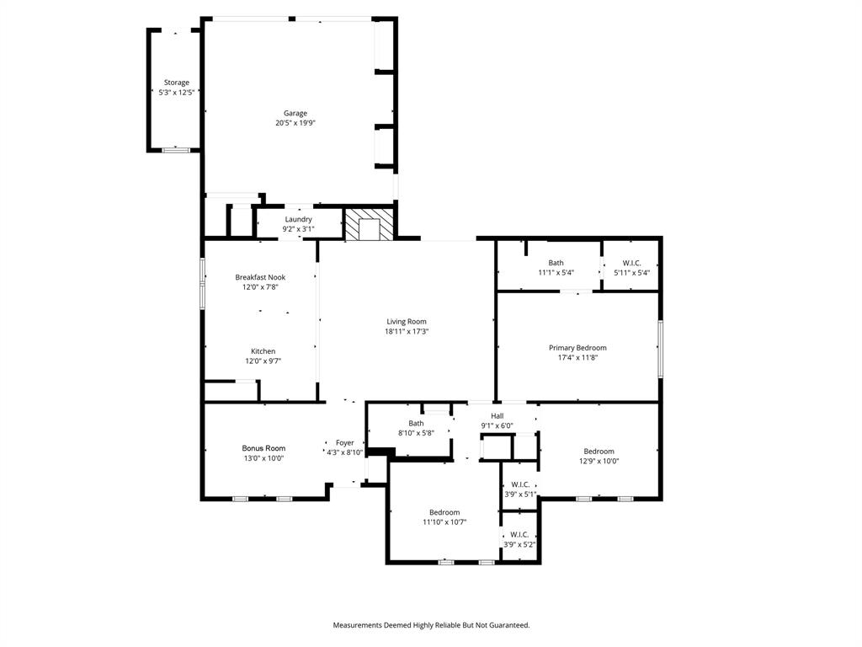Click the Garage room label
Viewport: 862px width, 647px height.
tap(295, 113)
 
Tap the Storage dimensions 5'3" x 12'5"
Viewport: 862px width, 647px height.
tap(177, 93)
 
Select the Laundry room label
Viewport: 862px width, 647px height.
tap(298, 219)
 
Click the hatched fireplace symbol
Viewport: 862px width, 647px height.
tap(369, 225)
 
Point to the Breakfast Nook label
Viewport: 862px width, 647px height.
tap(260, 277)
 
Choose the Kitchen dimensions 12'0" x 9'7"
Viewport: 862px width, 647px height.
tap(263, 361)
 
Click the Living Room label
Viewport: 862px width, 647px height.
tap(407, 322)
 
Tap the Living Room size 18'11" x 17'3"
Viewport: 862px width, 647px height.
tap(407, 332)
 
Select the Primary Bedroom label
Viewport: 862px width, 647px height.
tap(577, 348)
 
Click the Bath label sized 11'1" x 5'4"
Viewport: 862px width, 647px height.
tap(556, 263)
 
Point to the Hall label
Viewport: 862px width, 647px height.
tap(497, 416)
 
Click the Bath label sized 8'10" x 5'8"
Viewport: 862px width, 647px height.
tap(416, 424)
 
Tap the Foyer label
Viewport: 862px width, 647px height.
tap(345, 442)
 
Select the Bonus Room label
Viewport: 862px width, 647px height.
tap(263, 448)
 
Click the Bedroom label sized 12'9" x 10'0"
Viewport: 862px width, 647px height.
tap(599, 452)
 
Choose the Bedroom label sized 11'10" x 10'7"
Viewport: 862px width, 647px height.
tap(444, 512)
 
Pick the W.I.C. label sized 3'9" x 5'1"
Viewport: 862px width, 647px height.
tap(519, 484)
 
